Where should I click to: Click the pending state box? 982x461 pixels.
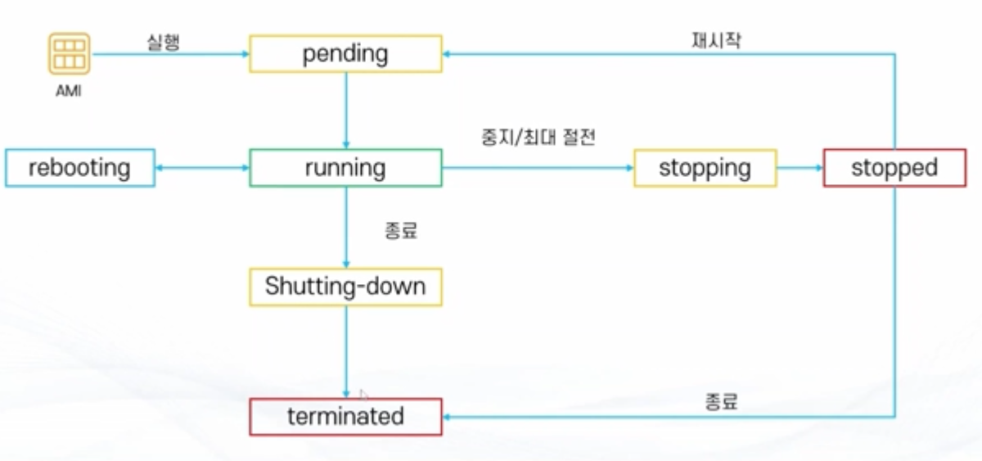345,54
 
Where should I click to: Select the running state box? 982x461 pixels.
345,168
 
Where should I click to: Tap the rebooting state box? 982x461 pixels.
79,168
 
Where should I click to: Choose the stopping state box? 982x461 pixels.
705,168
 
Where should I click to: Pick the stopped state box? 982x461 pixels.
894,168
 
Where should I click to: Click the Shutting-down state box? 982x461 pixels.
345,287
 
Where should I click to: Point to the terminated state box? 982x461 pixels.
345,416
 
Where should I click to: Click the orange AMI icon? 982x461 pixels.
69,54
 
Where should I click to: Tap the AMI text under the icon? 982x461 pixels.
69,92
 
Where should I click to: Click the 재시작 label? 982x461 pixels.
716,40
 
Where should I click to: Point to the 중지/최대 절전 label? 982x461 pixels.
538,138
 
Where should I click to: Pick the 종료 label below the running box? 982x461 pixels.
401,231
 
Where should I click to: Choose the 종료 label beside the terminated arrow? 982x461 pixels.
721,401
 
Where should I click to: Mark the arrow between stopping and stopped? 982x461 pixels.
800,168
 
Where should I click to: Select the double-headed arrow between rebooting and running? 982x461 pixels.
201,168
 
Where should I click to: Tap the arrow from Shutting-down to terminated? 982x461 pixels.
346,352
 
